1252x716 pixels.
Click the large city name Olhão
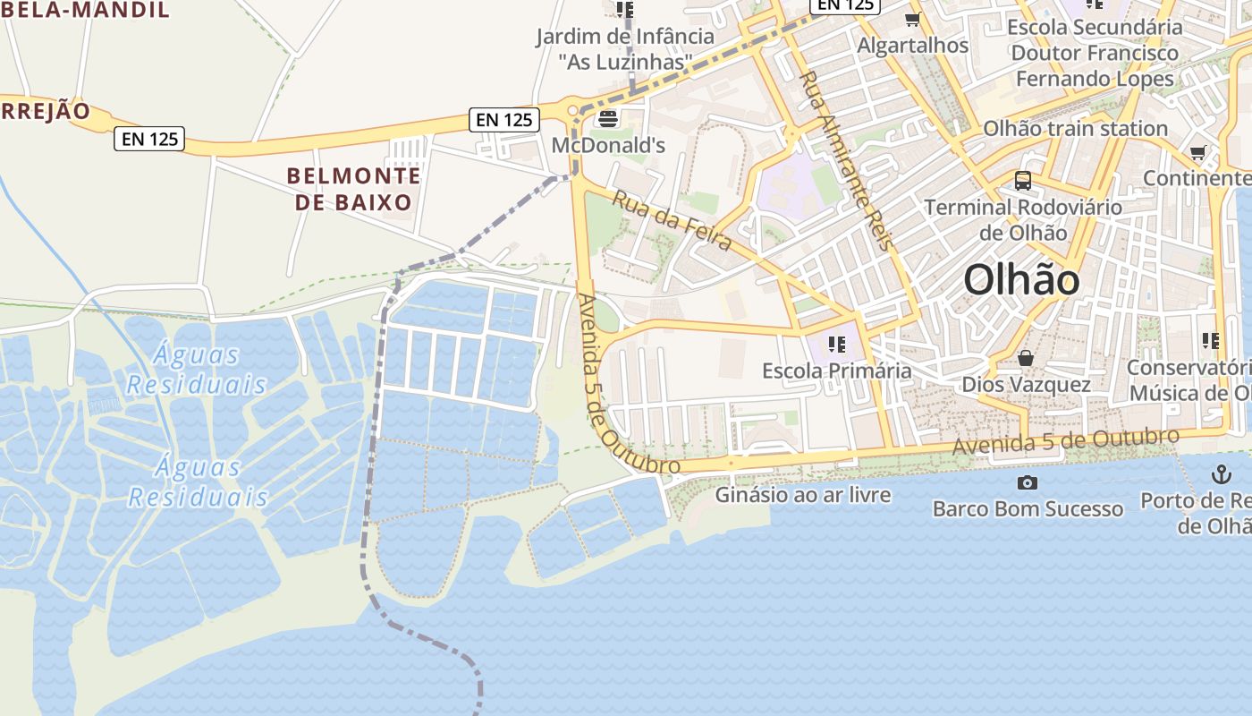coord(1021,281)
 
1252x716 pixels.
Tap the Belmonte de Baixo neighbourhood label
coord(353,188)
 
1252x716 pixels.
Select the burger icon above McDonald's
coord(608,118)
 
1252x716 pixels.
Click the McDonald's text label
coord(608,145)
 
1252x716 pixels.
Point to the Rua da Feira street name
coord(672,219)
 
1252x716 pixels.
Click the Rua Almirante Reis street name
coord(845,161)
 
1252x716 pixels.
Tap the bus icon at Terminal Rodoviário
coord(1023,181)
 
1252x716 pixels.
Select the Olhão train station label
coord(1075,129)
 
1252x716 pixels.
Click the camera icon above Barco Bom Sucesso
coord(1028,483)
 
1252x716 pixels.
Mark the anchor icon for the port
coord(1221,474)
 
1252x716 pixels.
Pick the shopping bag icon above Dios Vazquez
coord(1026,359)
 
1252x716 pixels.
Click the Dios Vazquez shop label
coord(1026,385)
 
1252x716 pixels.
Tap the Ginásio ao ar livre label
coord(803,494)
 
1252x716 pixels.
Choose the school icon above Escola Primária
coord(836,345)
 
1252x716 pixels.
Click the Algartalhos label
coord(912,45)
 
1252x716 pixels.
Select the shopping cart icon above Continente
coord(1197,153)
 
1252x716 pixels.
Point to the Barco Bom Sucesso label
coord(1028,509)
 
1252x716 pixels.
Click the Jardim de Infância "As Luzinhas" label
coord(625,49)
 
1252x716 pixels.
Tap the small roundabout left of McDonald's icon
coord(572,110)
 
